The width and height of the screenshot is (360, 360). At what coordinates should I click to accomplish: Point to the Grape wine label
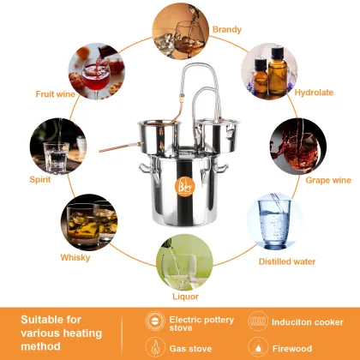[327, 181]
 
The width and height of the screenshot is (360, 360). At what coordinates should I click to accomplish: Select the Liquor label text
[186, 296]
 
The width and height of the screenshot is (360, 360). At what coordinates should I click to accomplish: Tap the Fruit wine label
[54, 93]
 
